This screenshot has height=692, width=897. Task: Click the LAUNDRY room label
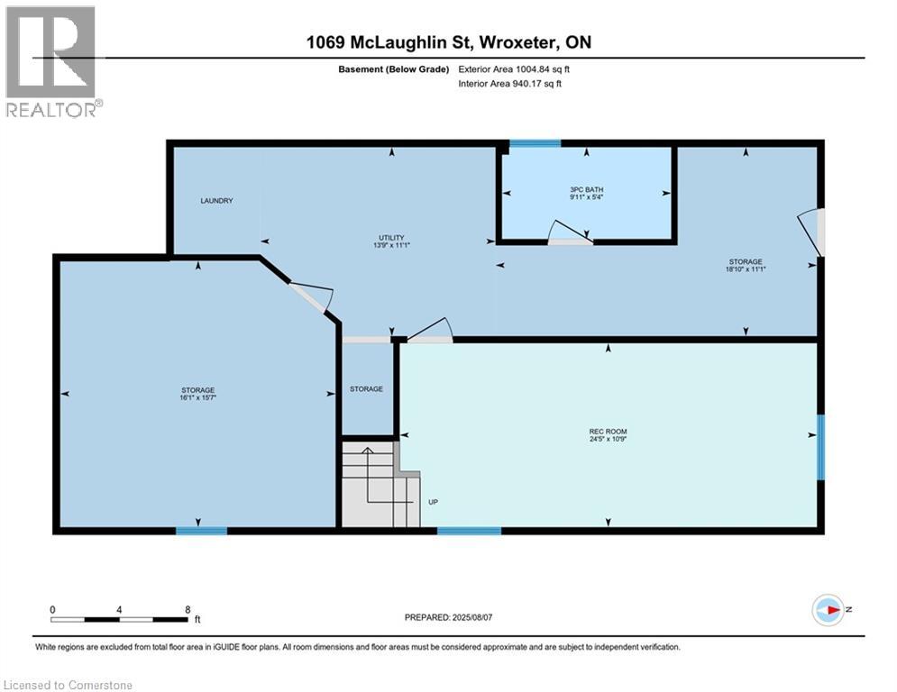[x=216, y=201]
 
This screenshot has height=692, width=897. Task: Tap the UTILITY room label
[x=391, y=237]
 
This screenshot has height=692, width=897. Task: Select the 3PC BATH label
[x=586, y=189]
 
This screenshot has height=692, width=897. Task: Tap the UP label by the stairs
[x=433, y=502]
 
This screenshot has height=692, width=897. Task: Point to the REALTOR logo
[x=52, y=62]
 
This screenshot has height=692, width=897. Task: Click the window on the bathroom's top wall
[x=535, y=143]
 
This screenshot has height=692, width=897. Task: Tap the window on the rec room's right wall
[x=819, y=447]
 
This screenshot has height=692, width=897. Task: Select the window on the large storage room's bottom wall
[x=201, y=530]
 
